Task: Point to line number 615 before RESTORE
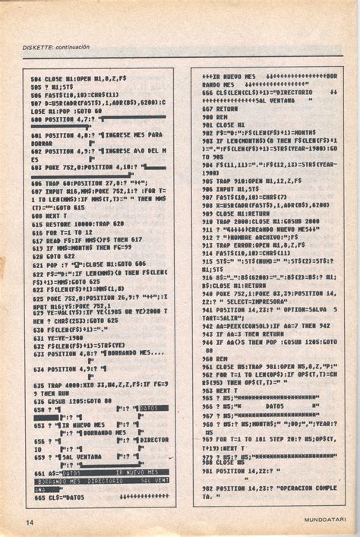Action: (x=36, y=226)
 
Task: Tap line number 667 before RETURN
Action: (x=206, y=109)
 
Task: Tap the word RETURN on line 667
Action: (x=227, y=109)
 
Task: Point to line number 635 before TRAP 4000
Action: (x=36, y=386)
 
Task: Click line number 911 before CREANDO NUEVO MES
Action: (x=206, y=228)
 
